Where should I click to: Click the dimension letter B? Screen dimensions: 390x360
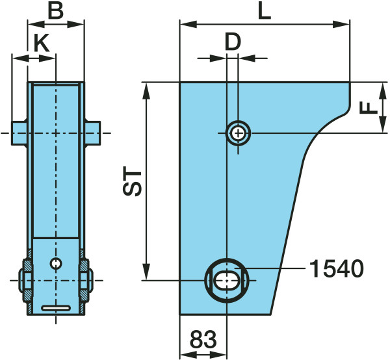coord(56,11)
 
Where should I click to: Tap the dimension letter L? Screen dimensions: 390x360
coord(265,11)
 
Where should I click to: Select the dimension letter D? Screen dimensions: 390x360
coord(233,42)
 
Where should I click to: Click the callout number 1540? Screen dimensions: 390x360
coord(336,268)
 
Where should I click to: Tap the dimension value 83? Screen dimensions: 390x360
coord(203,339)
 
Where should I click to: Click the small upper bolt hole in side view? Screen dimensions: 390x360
coord(239,133)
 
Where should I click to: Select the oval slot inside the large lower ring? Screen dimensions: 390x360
coord(227,281)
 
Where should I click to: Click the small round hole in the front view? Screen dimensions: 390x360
coord(56,263)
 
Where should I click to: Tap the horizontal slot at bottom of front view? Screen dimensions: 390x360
coord(56,308)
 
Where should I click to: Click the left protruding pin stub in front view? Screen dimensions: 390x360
coord(19,133)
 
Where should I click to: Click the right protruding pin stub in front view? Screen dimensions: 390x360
coord(92,133)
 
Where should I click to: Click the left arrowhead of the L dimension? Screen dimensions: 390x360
coord(188,24)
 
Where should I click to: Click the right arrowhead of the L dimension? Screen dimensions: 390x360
coord(341,24)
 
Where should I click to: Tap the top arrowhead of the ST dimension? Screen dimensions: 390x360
coord(147,91)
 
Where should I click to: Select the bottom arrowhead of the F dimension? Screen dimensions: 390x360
coord(382,124)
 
